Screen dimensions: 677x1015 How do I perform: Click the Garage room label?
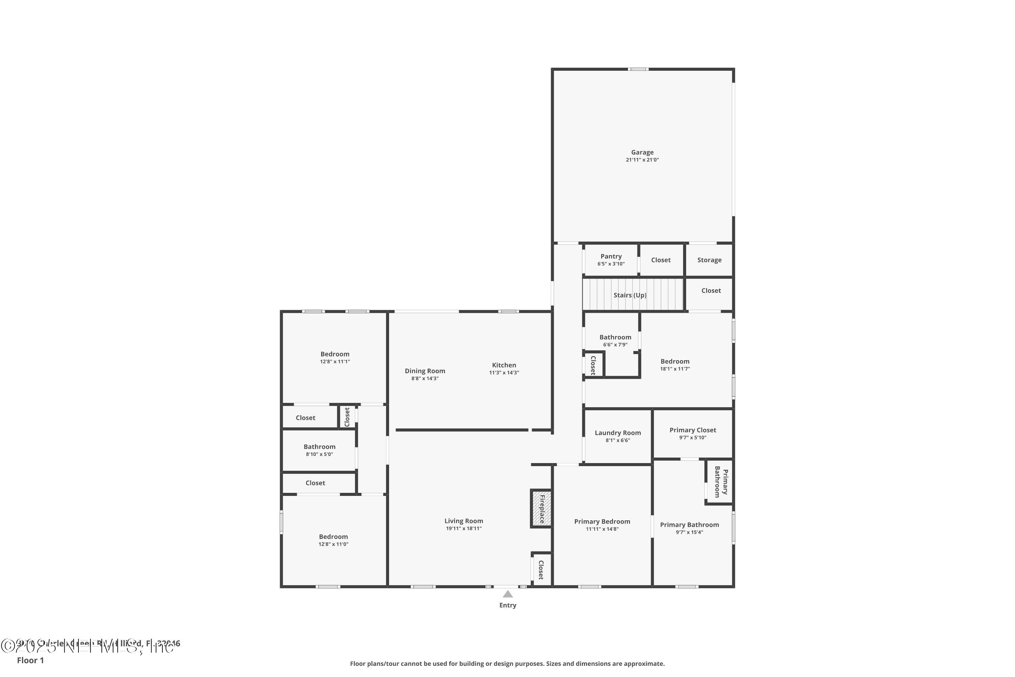tap(642, 152)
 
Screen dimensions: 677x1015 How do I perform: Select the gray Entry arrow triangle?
tap(508, 594)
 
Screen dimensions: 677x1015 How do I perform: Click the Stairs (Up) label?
tap(630, 295)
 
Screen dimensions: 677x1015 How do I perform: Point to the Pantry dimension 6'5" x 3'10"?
tap(611, 264)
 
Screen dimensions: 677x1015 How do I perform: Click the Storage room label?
tap(709, 260)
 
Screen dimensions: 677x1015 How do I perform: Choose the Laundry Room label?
tap(617, 433)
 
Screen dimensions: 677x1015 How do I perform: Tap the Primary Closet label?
tap(693, 430)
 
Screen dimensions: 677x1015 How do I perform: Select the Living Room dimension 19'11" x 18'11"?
tap(464, 528)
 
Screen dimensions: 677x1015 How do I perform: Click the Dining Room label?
tap(425, 371)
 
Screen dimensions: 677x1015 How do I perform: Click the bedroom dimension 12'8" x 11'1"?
tap(335, 362)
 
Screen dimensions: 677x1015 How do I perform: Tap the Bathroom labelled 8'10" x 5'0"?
tap(319, 447)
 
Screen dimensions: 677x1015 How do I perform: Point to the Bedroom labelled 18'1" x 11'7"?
tap(675, 362)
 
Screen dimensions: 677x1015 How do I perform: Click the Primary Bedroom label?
tap(602, 522)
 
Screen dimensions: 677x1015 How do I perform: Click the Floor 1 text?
tap(30, 660)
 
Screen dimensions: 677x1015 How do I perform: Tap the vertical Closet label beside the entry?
tap(541, 570)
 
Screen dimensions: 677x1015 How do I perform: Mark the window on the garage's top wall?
tap(638, 69)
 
